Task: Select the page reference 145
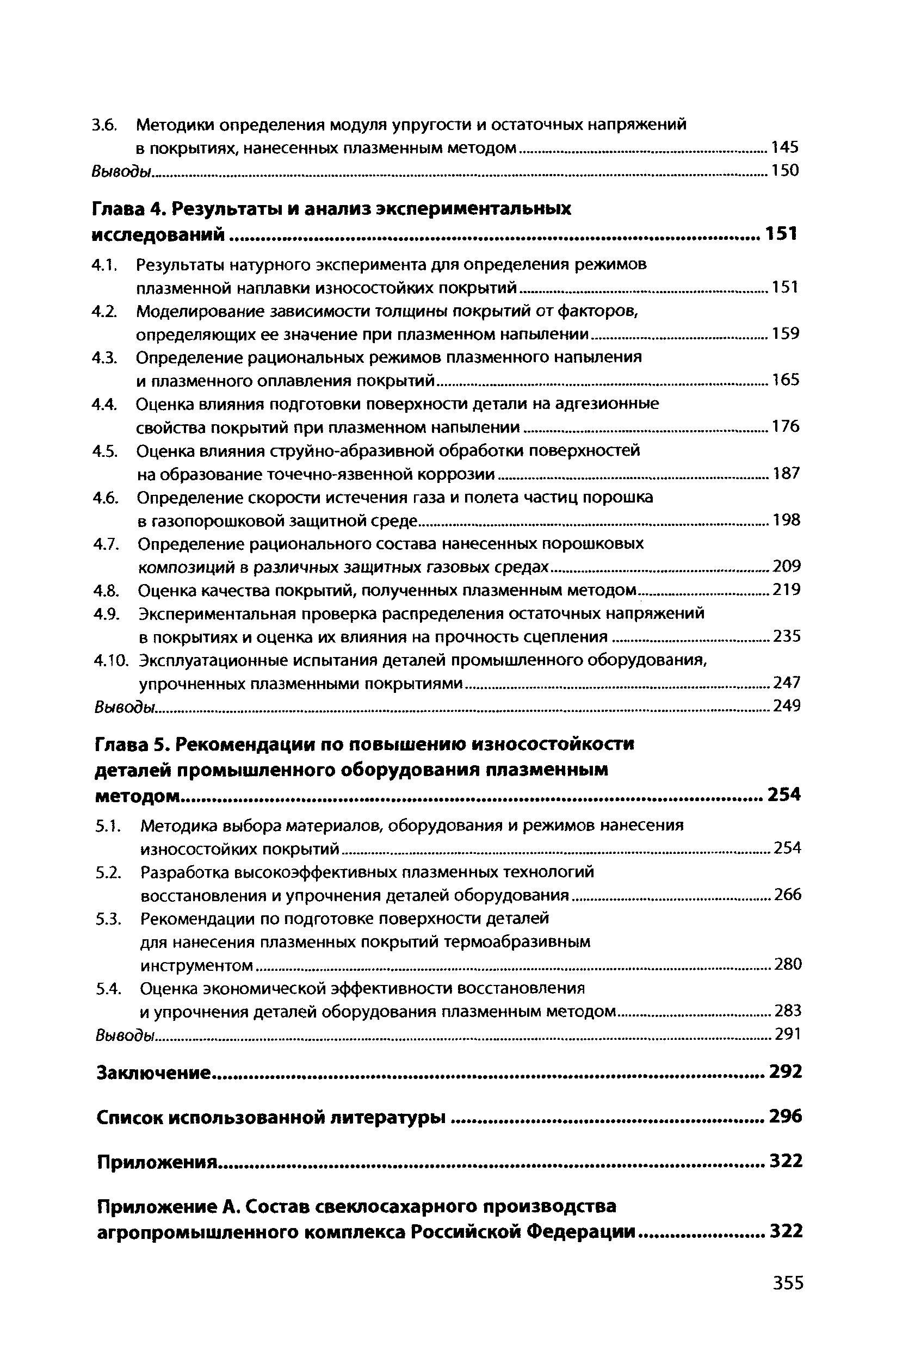784,147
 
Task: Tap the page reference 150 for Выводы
784,171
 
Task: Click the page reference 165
786,380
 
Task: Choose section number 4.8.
107,591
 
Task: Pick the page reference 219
786,591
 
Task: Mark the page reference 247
787,683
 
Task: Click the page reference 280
788,965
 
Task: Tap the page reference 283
788,1011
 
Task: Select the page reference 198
786,520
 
